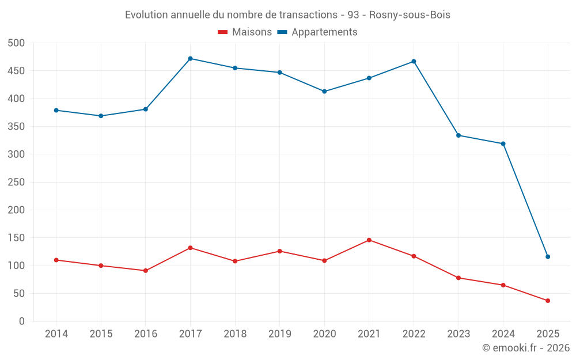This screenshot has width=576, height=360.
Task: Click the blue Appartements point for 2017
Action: pyautogui.click(x=190, y=59)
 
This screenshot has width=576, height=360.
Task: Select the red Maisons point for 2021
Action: pyautogui.click(x=369, y=240)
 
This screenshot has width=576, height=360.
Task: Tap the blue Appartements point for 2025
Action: pyautogui.click(x=548, y=257)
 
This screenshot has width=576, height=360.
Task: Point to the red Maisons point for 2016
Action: pyautogui.click(x=146, y=271)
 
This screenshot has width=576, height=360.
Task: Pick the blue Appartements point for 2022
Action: pyautogui.click(x=414, y=62)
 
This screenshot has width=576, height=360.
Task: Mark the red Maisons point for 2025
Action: pyautogui.click(x=548, y=301)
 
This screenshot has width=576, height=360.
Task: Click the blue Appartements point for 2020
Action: pyautogui.click(x=324, y=92)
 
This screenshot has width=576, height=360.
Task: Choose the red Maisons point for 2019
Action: pyautogui.click(x=280, y=251)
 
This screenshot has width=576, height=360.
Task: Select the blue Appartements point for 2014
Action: pyautogui.click(x=56, y=111)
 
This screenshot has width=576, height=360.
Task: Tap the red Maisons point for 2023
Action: pyautogui.click(x=458, y=278)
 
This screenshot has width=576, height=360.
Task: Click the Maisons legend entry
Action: pyautogui.click(x=245, y=32)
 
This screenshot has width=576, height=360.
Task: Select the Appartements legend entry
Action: pyautogui.click(x=317, y=32)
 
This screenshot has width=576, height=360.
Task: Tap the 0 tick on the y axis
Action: pyautogui.click(x=21, y=321)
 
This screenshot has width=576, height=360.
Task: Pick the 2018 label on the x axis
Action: pyautogui.click(x=235, y=334)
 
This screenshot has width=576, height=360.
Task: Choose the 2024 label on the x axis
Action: pyautogui.click(x=503, y=334)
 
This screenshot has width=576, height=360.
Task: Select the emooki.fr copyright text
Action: pyautogui.click(x=526, y=348)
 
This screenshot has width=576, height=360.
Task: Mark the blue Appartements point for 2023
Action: pyautogui.click(x=458, y=135)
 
